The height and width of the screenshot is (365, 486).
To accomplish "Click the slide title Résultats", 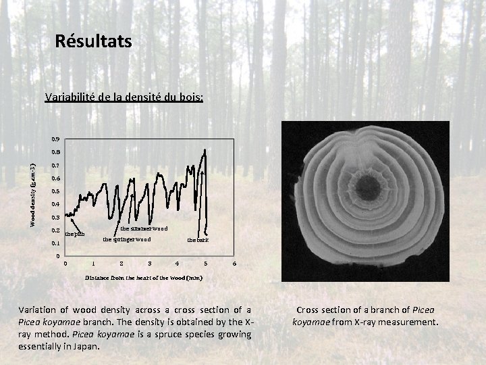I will [94, 42].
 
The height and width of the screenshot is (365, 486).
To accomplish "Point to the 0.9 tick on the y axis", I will [56, 139].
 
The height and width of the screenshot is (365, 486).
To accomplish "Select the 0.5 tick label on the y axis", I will [56, 191].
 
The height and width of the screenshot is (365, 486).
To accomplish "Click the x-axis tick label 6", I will [234, 264].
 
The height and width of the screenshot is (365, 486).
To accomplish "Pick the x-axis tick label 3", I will [149, 264].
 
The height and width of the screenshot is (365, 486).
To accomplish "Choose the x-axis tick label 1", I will [93, 264].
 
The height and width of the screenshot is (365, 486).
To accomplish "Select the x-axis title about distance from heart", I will [143, 277].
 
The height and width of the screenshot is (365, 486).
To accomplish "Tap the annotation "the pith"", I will [75, 235].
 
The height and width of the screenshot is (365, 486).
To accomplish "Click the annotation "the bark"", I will [198, 240].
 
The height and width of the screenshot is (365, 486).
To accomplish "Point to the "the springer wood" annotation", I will [126, 239].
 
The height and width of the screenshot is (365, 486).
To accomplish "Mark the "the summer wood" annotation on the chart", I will [144, 228].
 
